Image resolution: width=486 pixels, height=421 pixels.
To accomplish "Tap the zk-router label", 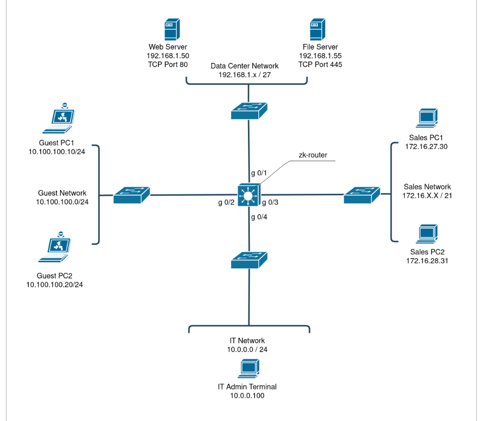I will click(x=313, y=155).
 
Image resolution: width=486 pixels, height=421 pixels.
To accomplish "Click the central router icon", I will click(x=249, y=195).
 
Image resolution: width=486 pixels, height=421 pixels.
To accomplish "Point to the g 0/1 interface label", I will click(x=259, y=173).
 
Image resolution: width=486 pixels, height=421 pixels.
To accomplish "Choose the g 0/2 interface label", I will click(x=227, y=203).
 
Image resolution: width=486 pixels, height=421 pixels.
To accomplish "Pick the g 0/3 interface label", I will click(x=271, y=203).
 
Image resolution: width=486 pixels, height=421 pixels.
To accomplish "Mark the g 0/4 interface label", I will click(x=259, y=217).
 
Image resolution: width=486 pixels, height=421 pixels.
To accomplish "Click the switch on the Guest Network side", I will click(x=132, y=195).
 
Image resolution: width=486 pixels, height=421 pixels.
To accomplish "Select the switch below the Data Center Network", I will click(x=249, y=111).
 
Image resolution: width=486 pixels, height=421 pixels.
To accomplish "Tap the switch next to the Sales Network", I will click(x=362, y=195).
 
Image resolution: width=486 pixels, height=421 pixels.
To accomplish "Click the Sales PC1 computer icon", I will click(x=427, y=118).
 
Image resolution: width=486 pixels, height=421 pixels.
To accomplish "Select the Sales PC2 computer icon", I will click(x=427, y=234).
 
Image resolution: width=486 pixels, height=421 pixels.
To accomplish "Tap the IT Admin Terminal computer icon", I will click(x=248, y=369).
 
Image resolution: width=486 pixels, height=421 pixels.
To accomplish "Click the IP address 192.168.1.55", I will click(x=320, y=56).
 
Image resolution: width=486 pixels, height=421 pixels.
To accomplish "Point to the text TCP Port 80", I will click(x=168, y=64).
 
